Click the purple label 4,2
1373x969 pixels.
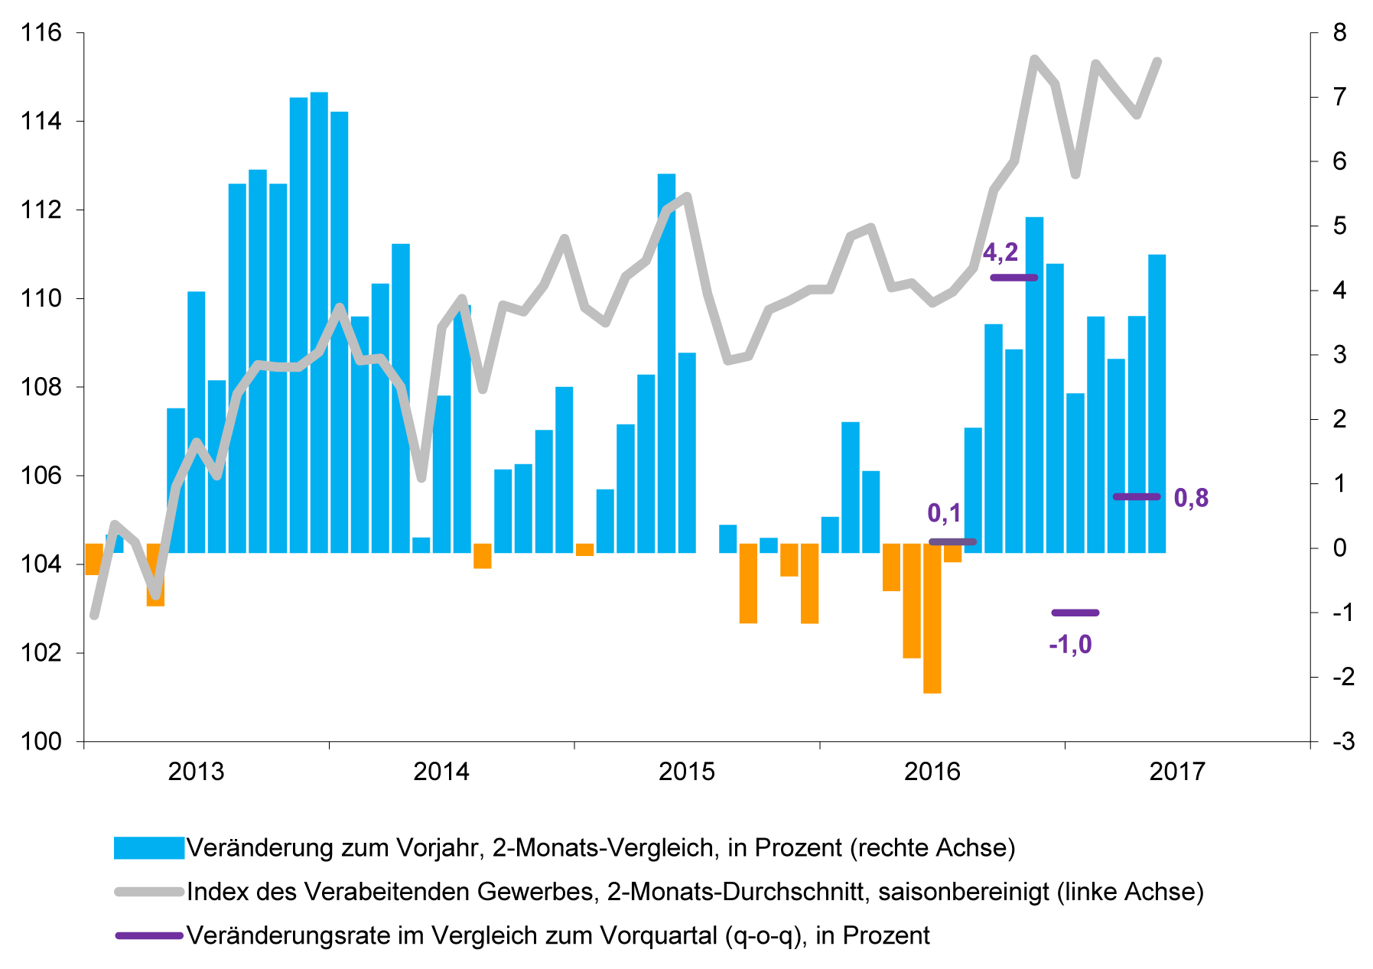(x=1000, y=252)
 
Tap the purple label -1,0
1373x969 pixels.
(x=1070, y=645)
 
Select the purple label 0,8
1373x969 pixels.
(x=1191, y=498)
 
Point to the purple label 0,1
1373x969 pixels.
(x=944, y=513)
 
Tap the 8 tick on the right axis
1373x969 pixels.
(x=1339, y=33)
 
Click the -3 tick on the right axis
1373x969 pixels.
(x=1342, y=741)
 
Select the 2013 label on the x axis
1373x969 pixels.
(x=196, y=772)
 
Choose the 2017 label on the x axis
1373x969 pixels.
(x=1176, y=772)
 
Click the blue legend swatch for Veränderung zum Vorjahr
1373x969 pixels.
(x=148, y=848)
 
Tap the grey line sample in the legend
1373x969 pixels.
(x=148, y=892)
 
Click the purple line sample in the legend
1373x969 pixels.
(x=148, y=935)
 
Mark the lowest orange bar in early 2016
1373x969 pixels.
(x=932, y=619)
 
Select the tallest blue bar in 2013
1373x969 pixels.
(x=319, y=321)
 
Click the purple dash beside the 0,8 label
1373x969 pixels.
(x=1136, y=497)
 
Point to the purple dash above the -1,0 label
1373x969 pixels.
(x=1075, y=613)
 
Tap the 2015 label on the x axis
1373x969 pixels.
(x=686, y=772)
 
